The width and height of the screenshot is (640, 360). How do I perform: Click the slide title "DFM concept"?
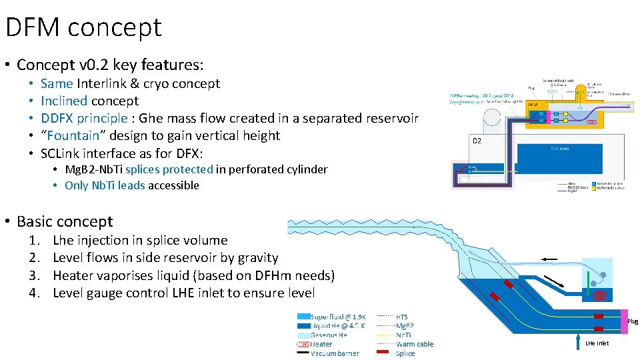coord(83,27)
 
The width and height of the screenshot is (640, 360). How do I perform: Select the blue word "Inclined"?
coord(63,101)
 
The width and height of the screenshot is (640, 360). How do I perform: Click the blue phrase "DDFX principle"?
coord(83,118)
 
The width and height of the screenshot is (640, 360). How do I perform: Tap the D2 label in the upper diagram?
coord(477,140)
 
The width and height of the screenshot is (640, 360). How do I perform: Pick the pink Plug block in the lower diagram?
coord(624,321)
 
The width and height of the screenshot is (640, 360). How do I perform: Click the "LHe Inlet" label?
coord(597,343)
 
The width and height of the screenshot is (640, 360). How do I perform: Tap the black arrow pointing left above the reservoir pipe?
coord(549,259)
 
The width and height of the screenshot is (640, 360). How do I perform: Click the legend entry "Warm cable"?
coord(415,344)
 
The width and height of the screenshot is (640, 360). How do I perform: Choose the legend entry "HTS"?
coord(402,317)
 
